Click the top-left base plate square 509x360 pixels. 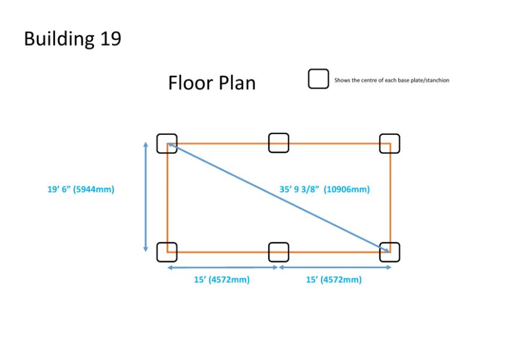(x=167, y=144)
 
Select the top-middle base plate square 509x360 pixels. (x=278, y=143)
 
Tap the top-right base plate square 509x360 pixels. (x=390, y=144)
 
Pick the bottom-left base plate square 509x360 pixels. (x=167, y=252)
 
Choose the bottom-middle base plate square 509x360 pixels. (x=278, y=252)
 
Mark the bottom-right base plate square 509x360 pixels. (x=390, y=252)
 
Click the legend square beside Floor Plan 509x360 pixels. (x=319, y=79)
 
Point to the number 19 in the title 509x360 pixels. (x=111, y=38)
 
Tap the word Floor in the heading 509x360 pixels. (x=190, y=83)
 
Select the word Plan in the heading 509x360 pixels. (x=237, y=83)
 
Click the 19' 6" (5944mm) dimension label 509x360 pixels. (x=81, y=189)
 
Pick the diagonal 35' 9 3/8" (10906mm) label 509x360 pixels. (x=325, y=189)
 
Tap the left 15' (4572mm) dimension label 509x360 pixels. (x=222, y=280)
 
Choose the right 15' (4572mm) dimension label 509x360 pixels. (x=334, y=280)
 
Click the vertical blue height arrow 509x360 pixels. (x=146, y=197)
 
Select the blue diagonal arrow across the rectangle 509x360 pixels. (x=278, y=197)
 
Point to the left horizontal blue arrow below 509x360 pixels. (x=223, y=268)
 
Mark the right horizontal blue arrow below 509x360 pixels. (x=335, y=268)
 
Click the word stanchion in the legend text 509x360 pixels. (x=438, y=80)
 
